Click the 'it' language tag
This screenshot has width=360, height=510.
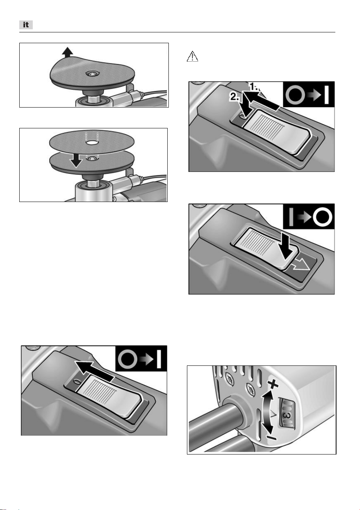pyautogui.click(x=26, y=25)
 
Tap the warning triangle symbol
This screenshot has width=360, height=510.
pyautogui.click(x=192, y=56)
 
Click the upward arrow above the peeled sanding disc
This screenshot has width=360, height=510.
pyautogui.click(x=67, y=52)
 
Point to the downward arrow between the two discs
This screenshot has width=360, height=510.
pyautogui.click(x=76, y=160)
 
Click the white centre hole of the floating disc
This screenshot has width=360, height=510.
pyautogui.click(x=92, y=143)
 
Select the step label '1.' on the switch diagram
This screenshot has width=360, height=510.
pyautogui.click(x=254, y=87)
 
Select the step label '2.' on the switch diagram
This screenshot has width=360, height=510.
pyautogui.click(x=234, y=97)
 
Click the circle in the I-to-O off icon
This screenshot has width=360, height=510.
pyautogui.click(x=322, y=217)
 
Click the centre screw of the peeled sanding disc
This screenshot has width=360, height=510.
pyautogui.click(x=93, y=74)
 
